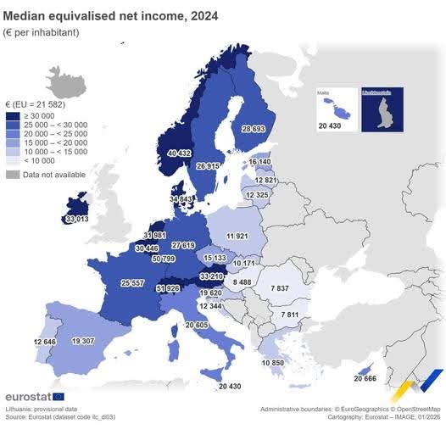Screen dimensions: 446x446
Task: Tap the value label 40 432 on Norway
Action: tap(180, 153)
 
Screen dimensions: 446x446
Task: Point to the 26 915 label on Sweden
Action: tap(209, 166)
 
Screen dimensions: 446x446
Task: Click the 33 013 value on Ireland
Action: tap(76, 219)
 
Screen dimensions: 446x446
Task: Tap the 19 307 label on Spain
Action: tap(83, 341)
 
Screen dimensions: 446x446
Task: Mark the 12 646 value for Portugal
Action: tap(23, 342)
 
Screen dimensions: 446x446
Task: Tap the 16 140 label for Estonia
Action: tap(260, 161)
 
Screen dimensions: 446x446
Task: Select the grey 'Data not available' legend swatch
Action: tap(13, 174)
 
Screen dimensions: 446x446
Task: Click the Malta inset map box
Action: tap(335, 108)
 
